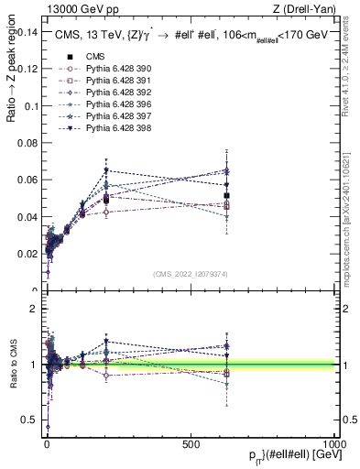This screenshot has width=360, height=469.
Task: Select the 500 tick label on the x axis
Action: pos(191,443)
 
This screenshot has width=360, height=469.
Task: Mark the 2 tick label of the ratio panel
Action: pos(34,309)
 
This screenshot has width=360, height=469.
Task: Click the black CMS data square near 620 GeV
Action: pos(226,196)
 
